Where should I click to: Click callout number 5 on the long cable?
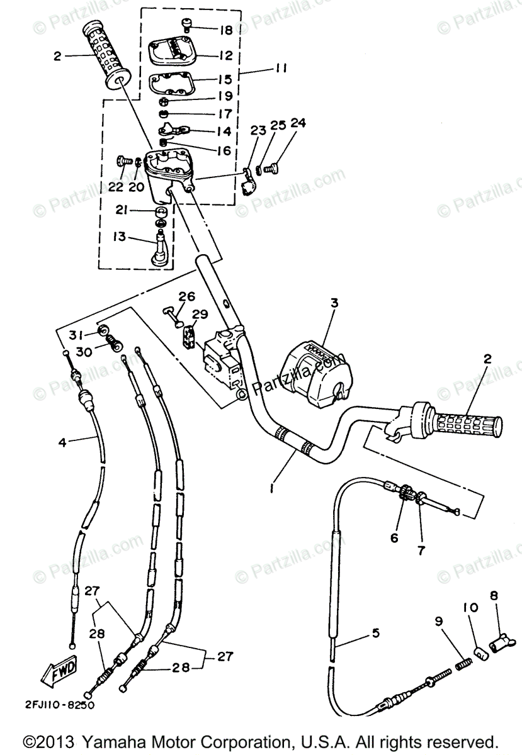click(x=376, y=633)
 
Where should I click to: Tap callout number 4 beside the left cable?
click(x=62, y=442)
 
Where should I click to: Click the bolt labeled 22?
click(x=122, y=161)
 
